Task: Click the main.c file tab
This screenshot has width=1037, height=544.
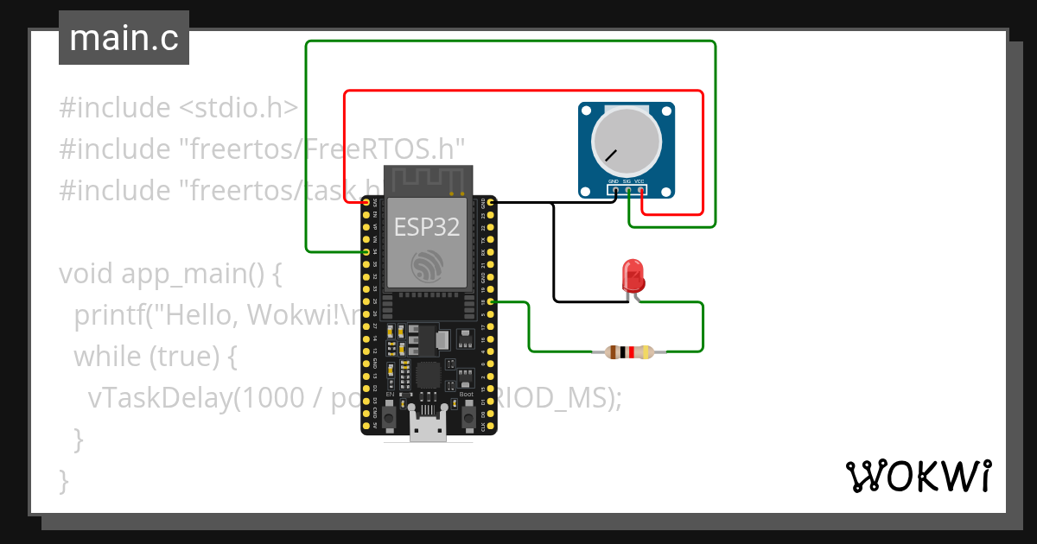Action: point(124,39)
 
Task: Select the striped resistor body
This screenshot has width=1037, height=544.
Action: point(629,351)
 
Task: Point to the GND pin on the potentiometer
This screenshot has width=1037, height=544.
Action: point(614,190)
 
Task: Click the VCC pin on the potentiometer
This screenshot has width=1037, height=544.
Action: point(640,190)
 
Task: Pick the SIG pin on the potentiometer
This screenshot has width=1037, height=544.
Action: point(627,190)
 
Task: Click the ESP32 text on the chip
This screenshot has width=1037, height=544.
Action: point(427,227)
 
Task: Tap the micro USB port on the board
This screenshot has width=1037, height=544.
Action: point(429,428)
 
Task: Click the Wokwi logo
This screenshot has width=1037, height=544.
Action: point(917,476)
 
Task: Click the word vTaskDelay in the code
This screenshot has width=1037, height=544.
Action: point(160,397)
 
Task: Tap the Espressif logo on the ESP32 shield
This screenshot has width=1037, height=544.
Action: point(428,264)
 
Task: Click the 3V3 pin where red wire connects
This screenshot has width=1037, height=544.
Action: point(366,202)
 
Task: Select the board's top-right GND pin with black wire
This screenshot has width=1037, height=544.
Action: point(491,202)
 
